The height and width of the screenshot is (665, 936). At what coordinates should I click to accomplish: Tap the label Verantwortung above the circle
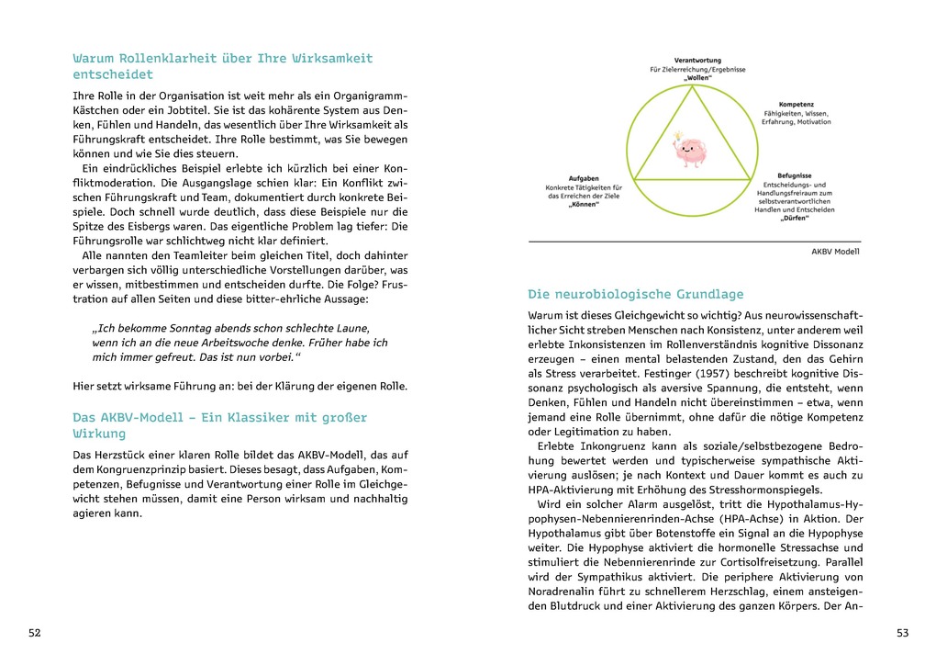697,60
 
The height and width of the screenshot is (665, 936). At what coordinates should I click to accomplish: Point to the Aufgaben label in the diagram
585,177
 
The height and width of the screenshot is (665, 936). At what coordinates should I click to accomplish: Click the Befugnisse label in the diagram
796,174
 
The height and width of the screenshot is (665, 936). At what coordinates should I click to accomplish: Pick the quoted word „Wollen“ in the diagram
697,79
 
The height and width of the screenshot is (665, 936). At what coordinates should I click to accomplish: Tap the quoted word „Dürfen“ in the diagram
795,220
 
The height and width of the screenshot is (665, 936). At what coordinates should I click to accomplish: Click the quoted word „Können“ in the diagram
585,206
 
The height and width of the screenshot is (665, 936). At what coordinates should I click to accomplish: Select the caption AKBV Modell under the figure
835,251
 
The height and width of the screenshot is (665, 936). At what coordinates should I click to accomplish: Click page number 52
34,633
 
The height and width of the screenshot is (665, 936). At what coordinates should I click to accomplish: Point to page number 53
901,633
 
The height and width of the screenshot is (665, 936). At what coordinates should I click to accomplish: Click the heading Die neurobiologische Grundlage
635,295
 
